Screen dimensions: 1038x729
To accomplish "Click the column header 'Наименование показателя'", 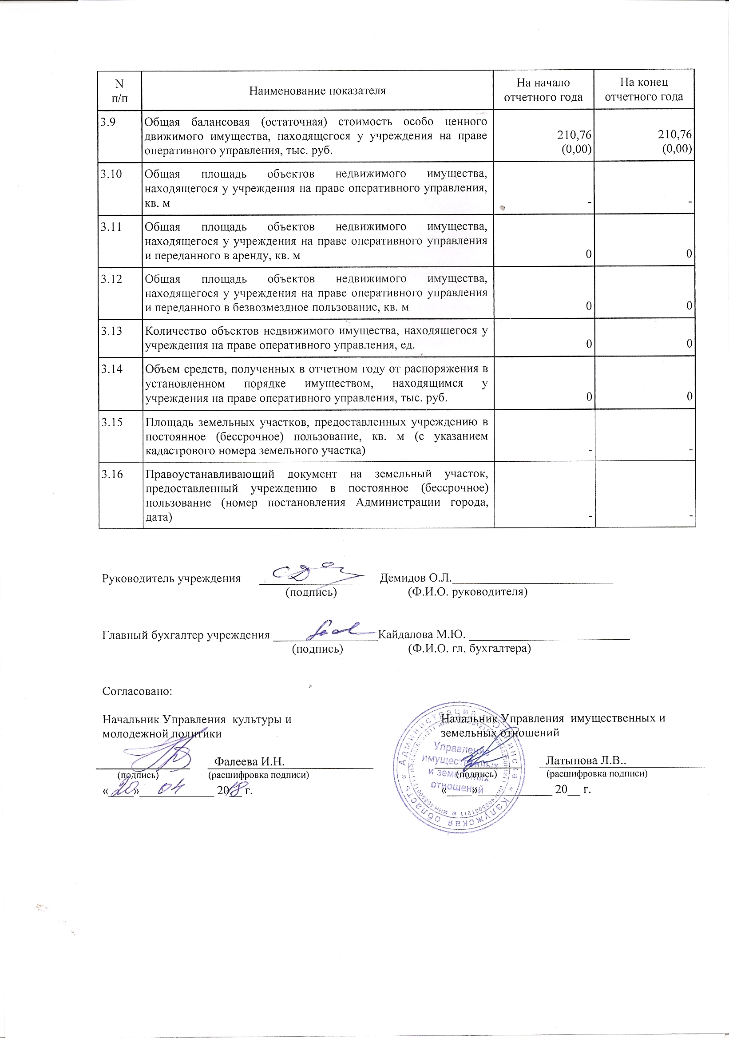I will pyautogui.click(x=317, y=91).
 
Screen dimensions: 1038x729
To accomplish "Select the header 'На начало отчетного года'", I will pyautogui.click(x=543, y=90).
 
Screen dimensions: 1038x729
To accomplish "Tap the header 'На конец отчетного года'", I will pyautogui.click(x=644, y=90).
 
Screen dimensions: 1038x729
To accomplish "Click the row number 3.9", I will pyautogui.click(x=107, y=122).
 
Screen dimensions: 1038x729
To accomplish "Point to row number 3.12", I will pyautogui.click(x=111, y=279).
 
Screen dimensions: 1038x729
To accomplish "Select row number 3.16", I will pyautogui.click(x=111, y=474).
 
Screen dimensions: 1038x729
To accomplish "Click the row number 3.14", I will pyautogui.click(x=111, y=369).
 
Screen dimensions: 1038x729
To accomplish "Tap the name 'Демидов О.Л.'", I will pyautogui.click(x=416, y=578).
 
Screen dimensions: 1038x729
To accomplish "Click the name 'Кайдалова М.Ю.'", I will pyautogui.click(x=421, y=634).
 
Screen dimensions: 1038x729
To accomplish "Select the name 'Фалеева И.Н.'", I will pyautogui.click(x=249, y=761).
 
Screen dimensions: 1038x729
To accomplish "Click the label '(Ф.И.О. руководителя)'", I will pyautogui.click(x=468, y=592).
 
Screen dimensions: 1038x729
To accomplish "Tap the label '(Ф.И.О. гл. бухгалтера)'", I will pyautogui.click(x=469, y=649).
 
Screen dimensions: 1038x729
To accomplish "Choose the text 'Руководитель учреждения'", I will pyautogui.click(x=171, y=578).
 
